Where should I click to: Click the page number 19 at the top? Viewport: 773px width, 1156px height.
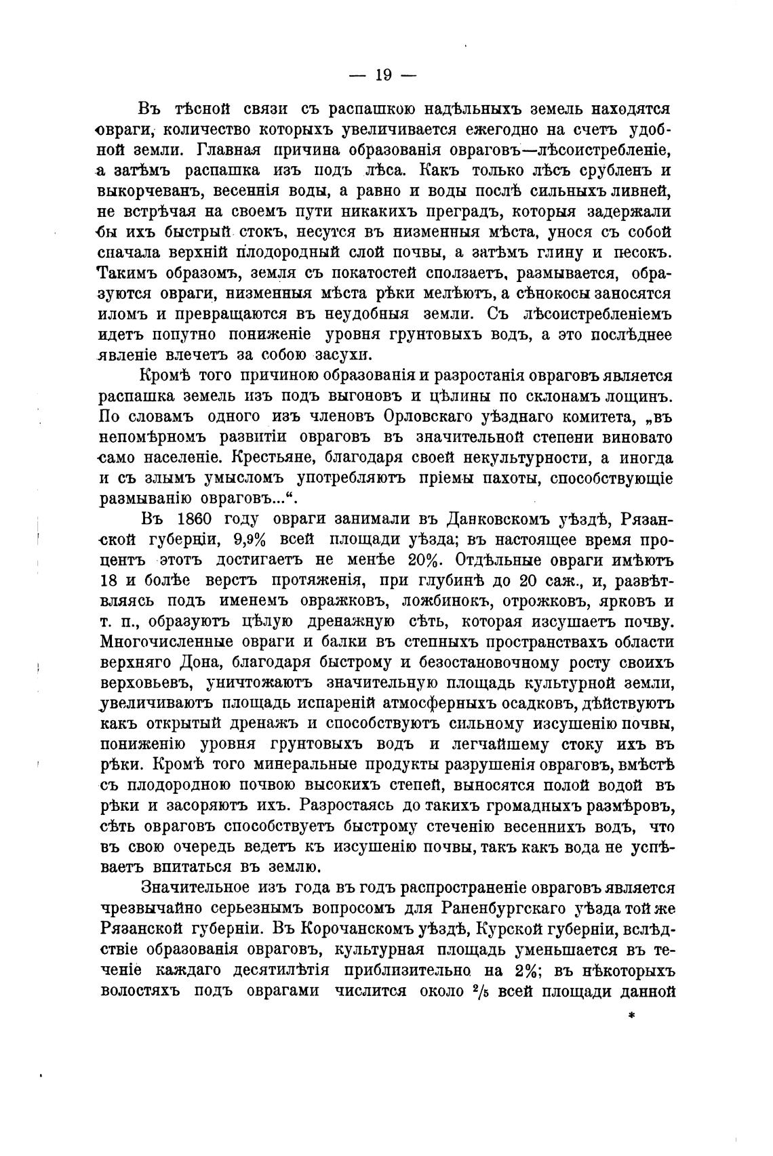click(x=382, y=75)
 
